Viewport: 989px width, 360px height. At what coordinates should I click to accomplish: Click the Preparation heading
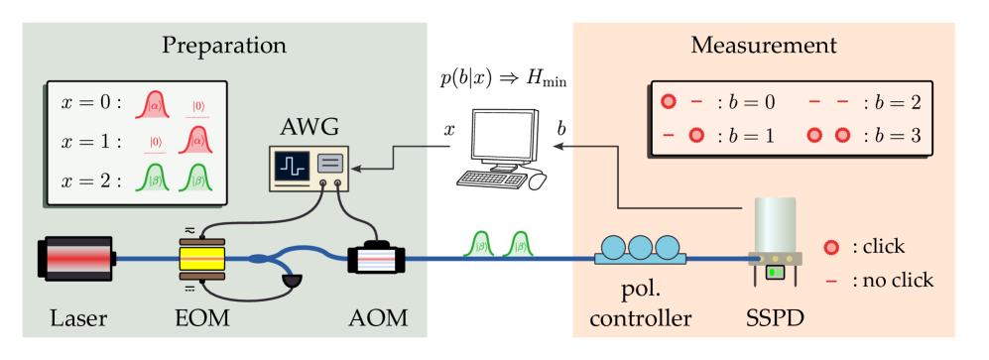click(224, 46)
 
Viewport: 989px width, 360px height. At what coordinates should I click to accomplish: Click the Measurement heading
click(763, 46)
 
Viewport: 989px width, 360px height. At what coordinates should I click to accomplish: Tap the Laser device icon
click(76, 259)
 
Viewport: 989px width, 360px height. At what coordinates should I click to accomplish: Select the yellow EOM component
click(203, 260)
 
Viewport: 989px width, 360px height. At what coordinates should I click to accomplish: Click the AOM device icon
click(377, 260)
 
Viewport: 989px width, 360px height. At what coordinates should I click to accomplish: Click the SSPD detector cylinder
click(775, 227)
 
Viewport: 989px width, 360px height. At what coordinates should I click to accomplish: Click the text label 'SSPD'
click(775, 318)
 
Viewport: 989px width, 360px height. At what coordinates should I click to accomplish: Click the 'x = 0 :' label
click(90, 103)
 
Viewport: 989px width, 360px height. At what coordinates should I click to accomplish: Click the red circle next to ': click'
click(832, 247)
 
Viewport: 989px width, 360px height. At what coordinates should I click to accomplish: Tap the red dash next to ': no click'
click(832, 281)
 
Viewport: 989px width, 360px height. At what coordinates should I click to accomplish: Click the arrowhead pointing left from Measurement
click(558, 147)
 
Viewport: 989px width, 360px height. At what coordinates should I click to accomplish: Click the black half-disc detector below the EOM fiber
click(291, 285)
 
